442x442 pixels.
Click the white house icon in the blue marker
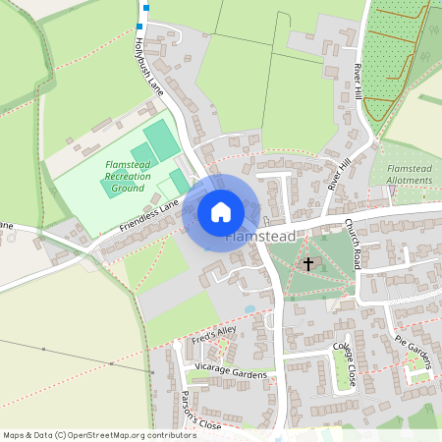(221, 211)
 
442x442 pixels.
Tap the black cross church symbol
(308, 263)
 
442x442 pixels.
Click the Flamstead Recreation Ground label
(128, 176)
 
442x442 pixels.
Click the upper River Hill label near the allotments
(359, 83)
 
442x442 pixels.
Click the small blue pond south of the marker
(249, 308)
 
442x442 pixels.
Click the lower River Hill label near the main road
(339, 173)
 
